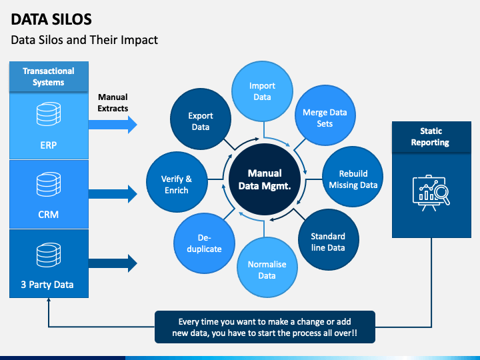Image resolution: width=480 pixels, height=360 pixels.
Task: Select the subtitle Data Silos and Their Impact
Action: tap(85, 40)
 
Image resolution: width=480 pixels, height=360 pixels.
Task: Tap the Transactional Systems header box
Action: tap(49, 77)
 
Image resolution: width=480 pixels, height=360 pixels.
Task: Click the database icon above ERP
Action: tap(49, 115)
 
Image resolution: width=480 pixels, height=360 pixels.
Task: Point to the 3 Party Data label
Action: tap(49, 285)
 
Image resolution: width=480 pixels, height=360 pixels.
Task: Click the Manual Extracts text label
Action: tap(113, 103)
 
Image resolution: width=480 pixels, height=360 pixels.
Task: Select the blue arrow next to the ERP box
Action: tap(113, 125)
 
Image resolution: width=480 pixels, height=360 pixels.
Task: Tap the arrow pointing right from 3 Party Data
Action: tap(113, 262)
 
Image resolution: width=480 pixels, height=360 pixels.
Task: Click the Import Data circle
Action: tap(262, 91)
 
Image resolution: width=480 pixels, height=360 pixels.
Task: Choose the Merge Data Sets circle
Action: tap(325, 118)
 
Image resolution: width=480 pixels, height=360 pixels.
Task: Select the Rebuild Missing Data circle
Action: tap(353, 179)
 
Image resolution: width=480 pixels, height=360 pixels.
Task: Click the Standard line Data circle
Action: tap(328, 241)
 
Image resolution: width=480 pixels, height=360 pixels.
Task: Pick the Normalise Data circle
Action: tap(267, 269)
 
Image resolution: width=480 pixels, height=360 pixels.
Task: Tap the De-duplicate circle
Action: tap(204, 243)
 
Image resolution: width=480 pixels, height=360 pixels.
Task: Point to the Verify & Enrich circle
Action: tap(177, 184)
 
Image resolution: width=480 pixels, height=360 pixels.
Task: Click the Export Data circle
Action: tap(201, 121)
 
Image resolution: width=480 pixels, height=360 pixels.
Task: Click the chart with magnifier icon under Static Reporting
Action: tap(430, 193)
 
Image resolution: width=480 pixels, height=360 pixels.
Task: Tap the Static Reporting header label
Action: tap(430, 137)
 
